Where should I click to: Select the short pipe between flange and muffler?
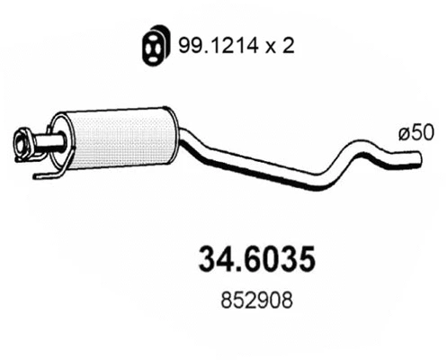[x=45, y=141]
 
